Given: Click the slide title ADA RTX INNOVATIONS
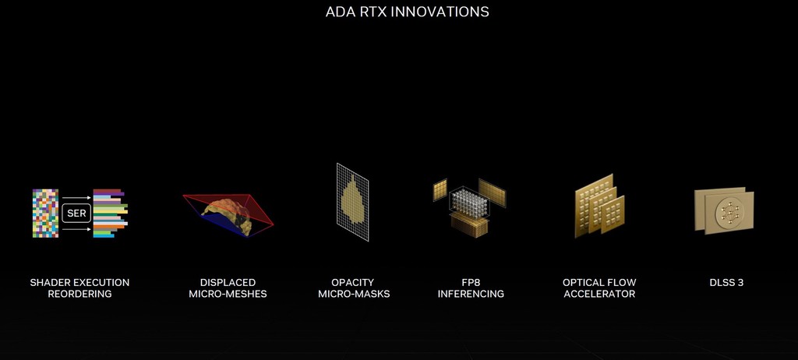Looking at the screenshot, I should click(x=407, y=12).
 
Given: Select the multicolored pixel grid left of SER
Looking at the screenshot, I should click(x=45, y=212).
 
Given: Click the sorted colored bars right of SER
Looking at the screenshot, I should click(x=109, y=213).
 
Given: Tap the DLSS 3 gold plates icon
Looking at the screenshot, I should click(x=724, y=210).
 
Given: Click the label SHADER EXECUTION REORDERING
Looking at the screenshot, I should click(x=79, y=288).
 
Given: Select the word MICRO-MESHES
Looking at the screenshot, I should click(x=228, y=294).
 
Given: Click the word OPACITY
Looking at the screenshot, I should click(x=353, y=282).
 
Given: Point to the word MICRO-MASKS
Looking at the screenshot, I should click(x=354, y=294).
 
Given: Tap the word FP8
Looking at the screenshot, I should click(x=471, y=282).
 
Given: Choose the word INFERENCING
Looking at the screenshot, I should click(x=471, y=294).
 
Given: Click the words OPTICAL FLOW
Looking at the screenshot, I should click(x=599, y=282).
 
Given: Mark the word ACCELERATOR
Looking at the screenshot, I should click(x=599, y=294).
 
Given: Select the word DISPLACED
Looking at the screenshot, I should click(x=228, y=282).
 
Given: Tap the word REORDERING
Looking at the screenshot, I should click(x=79, y=294).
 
